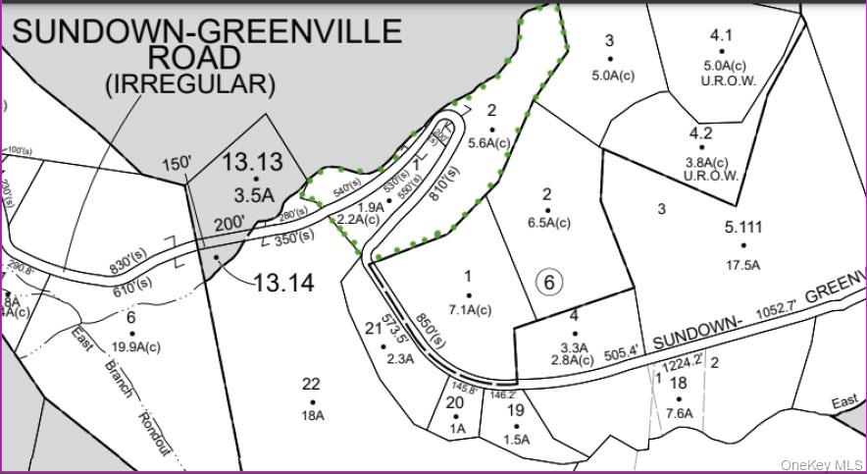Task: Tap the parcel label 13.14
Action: point(283,284)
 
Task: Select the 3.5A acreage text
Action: point(254,194)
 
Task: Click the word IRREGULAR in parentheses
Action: point(190,84)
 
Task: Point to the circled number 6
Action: point(549,283)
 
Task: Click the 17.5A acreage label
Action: point(744,264)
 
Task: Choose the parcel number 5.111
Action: point(744,228)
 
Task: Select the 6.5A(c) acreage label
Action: point(548,223)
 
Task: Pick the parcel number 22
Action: point(311,385)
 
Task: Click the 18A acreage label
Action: point(312,416)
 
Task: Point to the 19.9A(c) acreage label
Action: point(131,346)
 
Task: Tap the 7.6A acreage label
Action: point(678,413)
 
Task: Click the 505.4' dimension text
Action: point(622,350)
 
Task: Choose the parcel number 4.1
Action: point(721,36)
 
